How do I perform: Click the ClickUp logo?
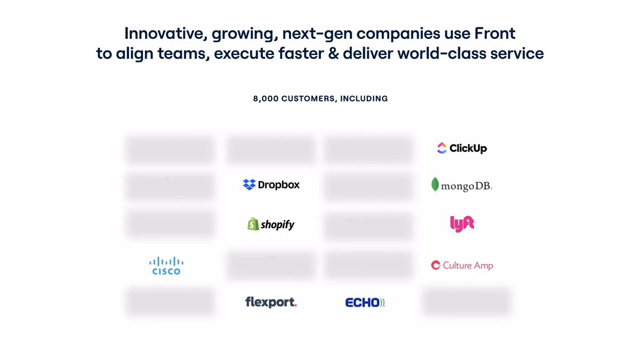tap(461, 148)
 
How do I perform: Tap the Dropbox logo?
tap(271, 185)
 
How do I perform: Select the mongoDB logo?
tap(461, 185)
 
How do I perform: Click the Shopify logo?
tap(271, 225)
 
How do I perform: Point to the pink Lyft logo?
tap(462, 223)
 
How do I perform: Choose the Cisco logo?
tap(166, 265)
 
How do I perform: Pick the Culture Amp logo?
tap(462, 265)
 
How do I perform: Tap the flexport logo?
tap(271, 302)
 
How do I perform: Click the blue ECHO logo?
tap(365, 302)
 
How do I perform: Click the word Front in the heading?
tap(494, 33)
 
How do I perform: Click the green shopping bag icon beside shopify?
tap(253, 224)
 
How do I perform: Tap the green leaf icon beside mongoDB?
tap(436, 185)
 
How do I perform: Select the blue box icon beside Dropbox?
tap(249, 185)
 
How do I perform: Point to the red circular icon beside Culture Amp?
tap(436, 265)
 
